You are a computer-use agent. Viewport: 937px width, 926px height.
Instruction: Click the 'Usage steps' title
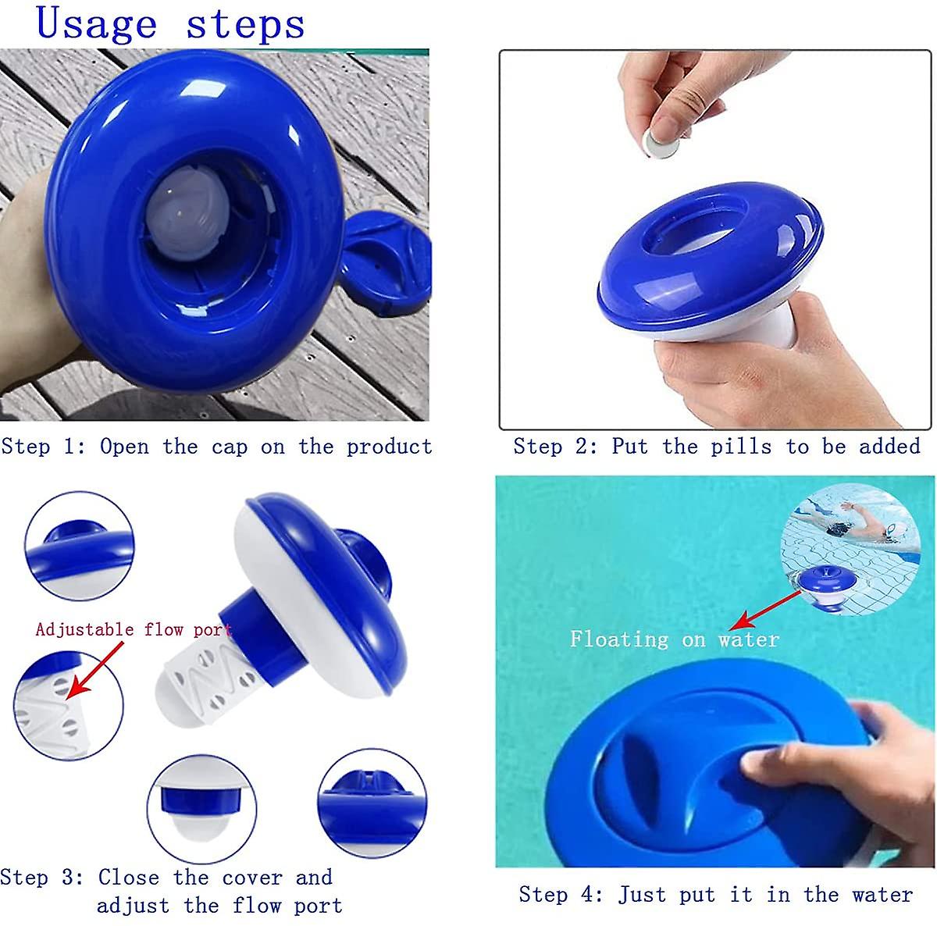[x=170, y=23]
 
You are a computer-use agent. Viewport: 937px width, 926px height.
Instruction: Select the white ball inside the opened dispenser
[x=188, y=210]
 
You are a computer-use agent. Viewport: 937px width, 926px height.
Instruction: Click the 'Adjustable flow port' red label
[x=134, y=629]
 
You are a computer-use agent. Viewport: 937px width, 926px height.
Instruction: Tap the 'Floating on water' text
[x=675, y=639]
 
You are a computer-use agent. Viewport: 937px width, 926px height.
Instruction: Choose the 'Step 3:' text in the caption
[x=41, y=877]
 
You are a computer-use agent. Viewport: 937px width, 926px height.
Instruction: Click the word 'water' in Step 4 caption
[x=882, y=894]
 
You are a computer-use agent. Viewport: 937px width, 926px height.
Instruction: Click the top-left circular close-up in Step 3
[x=79, y=545]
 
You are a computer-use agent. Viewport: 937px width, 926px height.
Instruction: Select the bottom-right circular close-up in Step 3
[x=372, y=803]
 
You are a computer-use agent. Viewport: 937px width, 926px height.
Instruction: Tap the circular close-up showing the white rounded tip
[x=201, y=809]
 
